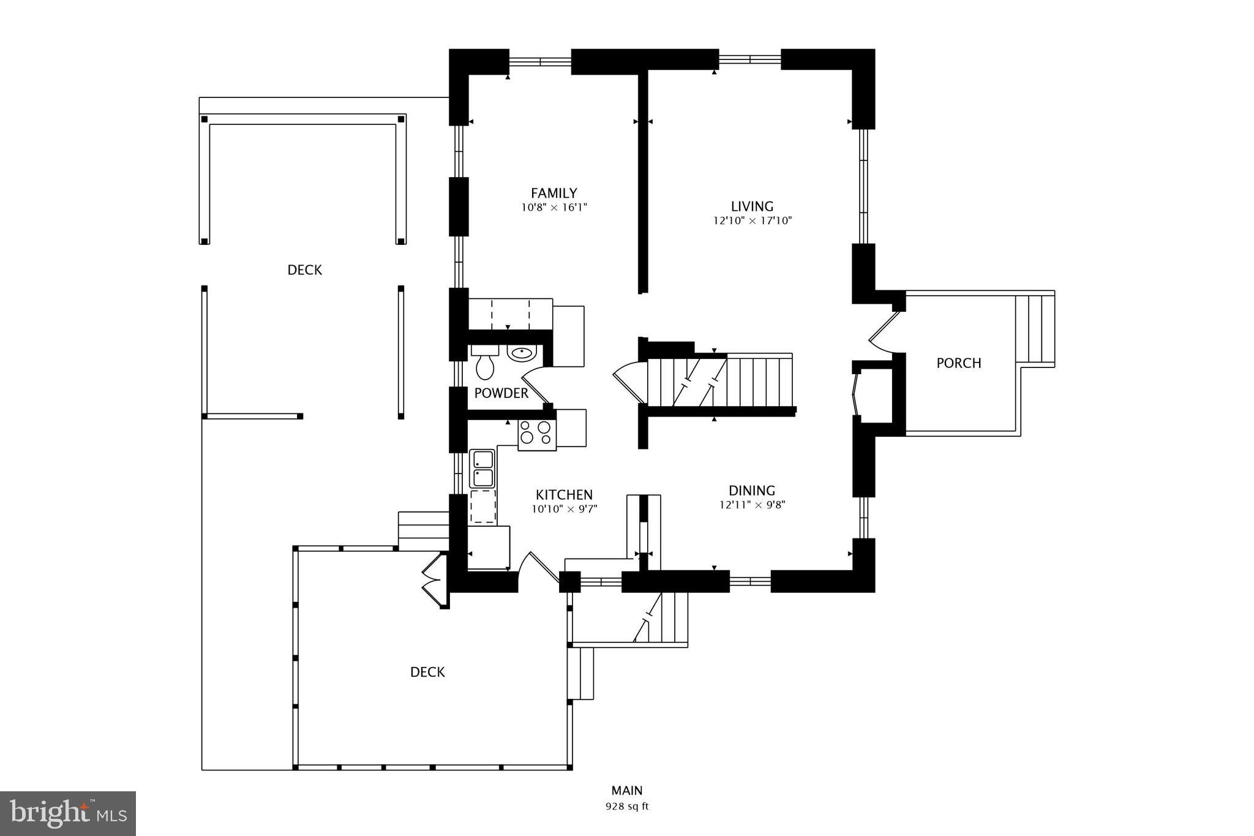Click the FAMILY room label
click(554, 194)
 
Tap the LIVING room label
click(752, 206)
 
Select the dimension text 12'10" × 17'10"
click(752, 220)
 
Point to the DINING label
click(752, 491)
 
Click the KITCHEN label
click(564, 495)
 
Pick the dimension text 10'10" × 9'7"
click(564, 508)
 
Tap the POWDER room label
click(501, 393)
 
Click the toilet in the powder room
click(485, 362)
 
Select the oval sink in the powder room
click(522, 353)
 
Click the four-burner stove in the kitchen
click(537, 434)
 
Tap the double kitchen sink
click(482, 469)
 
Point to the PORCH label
click(959, 363)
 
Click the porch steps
click(1035, 329)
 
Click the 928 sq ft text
click(627, 807)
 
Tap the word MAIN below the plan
click(627, 791)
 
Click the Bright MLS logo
click(68, 813)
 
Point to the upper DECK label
click(305, 270)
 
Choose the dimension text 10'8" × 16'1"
click(554, 208)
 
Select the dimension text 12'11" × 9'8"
click(752, 505)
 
